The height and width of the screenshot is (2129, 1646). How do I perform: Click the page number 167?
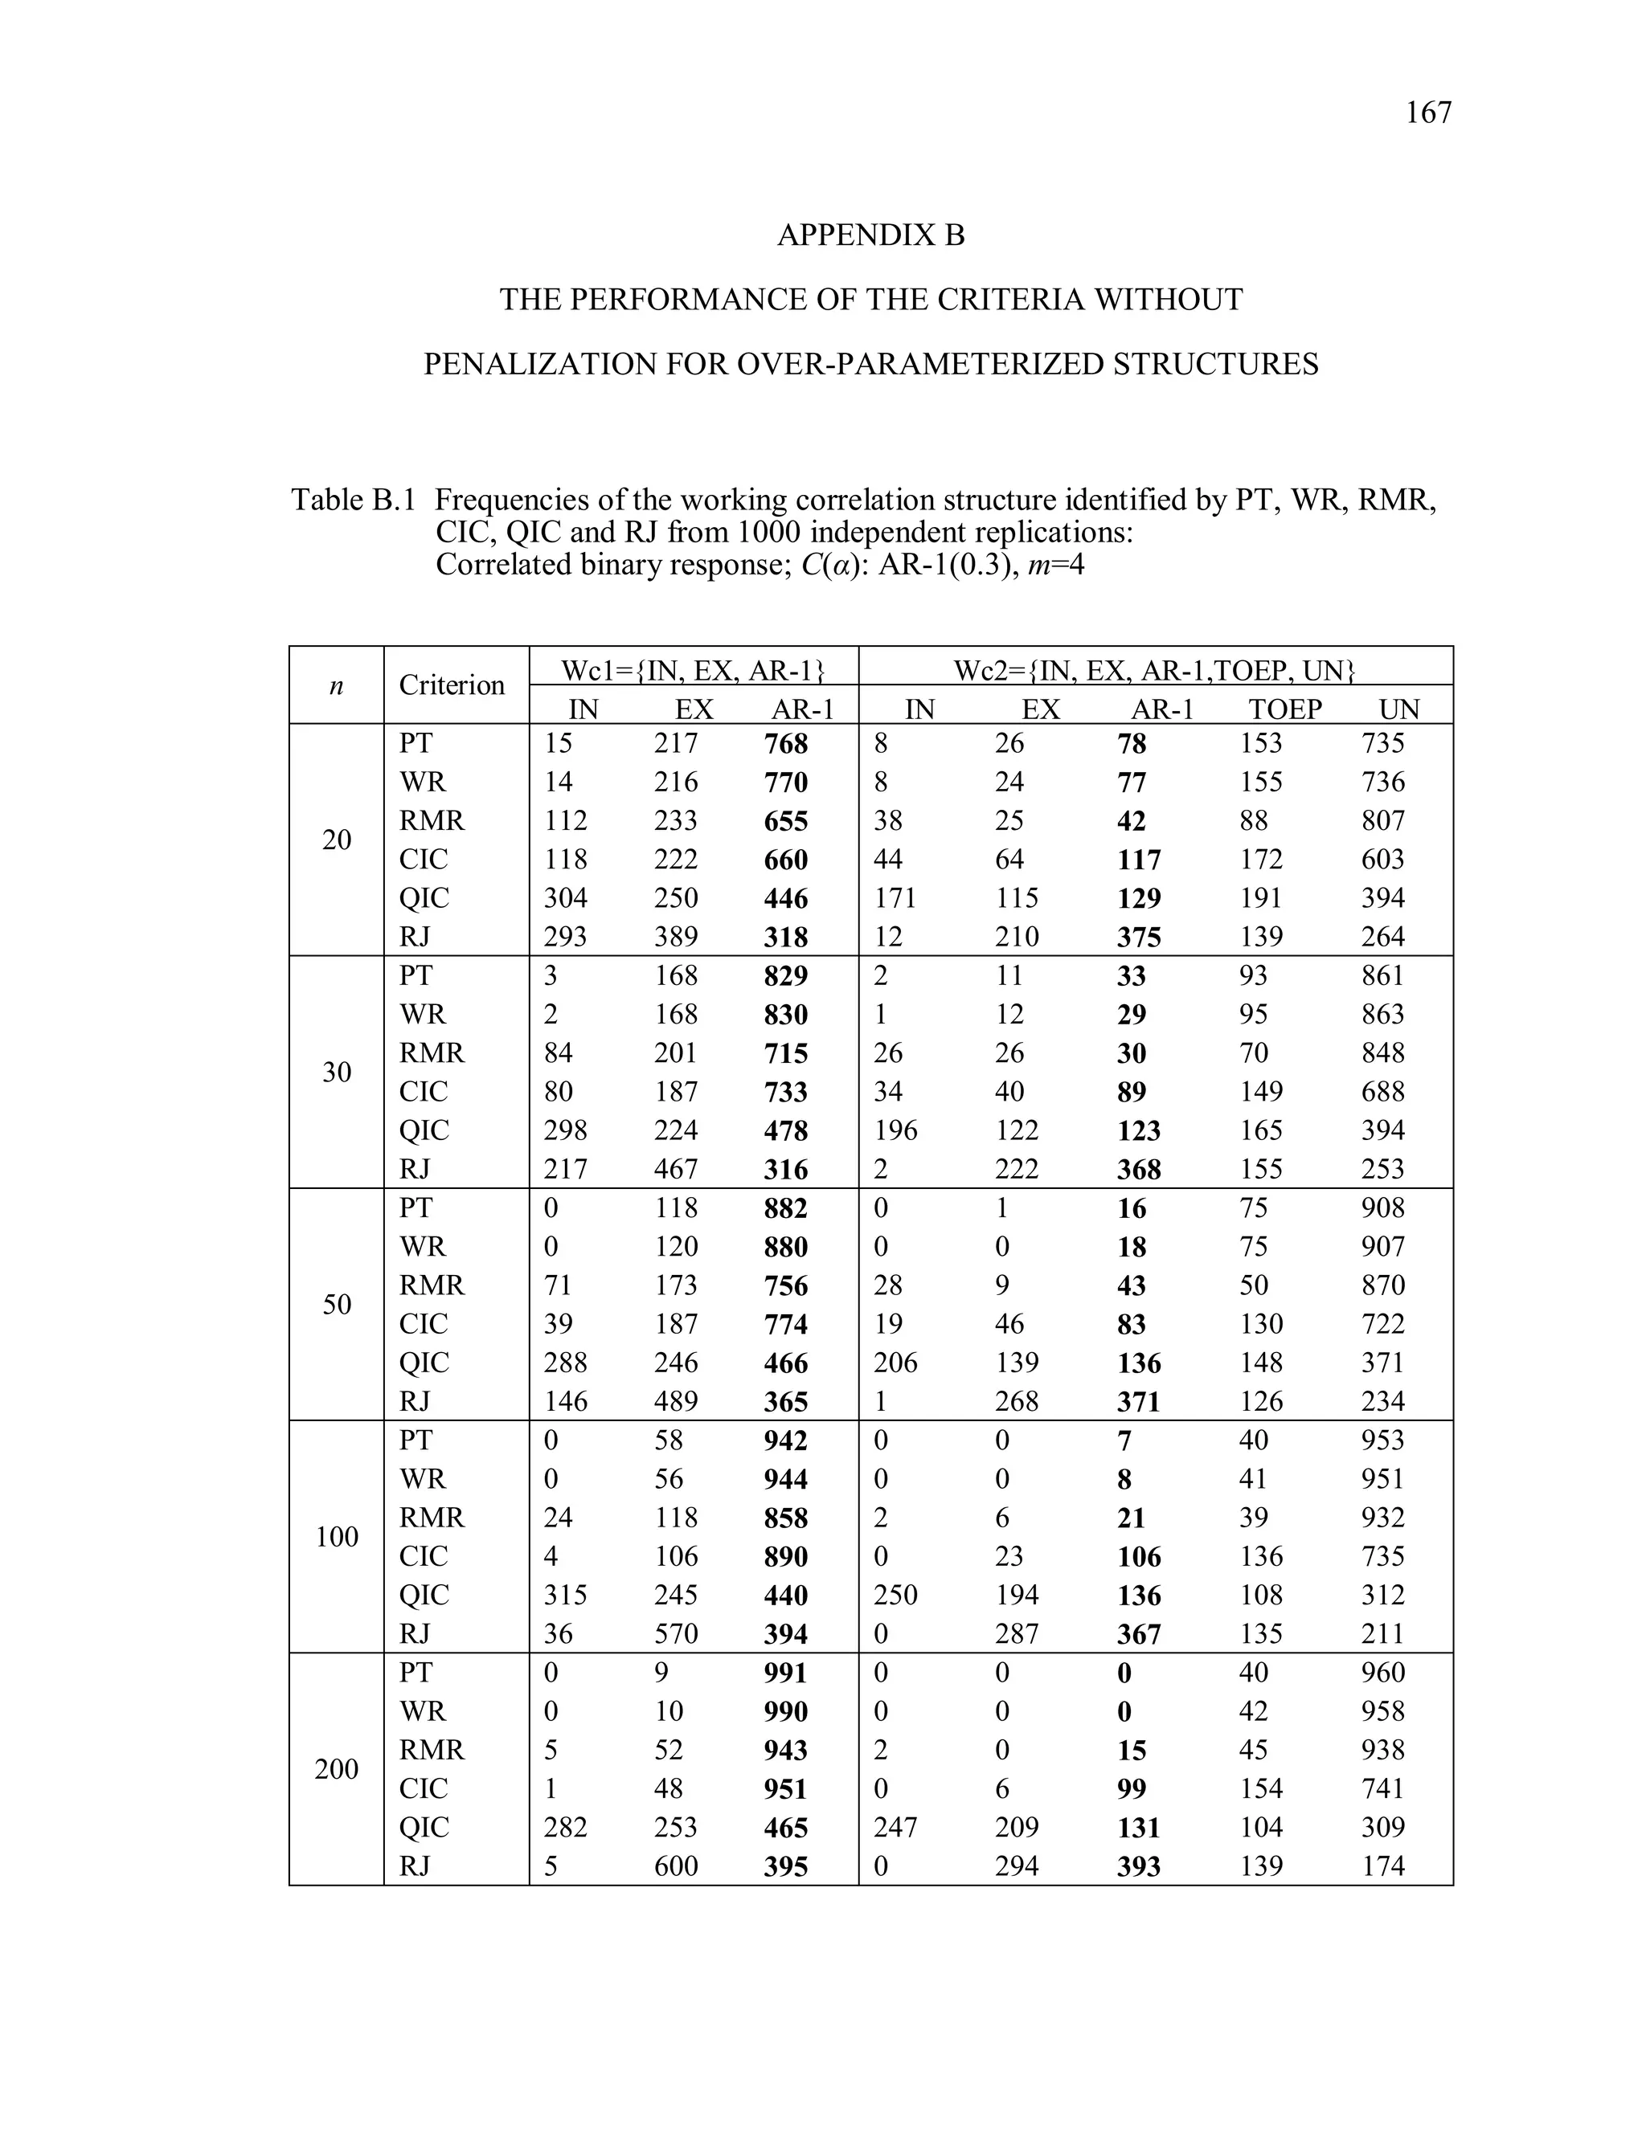tap(1427, 113)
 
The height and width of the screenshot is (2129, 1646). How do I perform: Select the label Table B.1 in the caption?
tap(353, 500)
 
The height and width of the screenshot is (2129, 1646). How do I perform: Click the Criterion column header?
tap(452, 684)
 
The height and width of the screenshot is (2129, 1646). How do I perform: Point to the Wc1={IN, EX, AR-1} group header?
tap(694, 670)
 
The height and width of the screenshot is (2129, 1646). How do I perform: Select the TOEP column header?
tap(1284, 709)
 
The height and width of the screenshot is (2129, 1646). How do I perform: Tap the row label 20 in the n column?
tap(337, 840)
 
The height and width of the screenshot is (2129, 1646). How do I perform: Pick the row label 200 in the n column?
tap(337, 1769)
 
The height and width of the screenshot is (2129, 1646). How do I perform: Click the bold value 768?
tap(786, 744)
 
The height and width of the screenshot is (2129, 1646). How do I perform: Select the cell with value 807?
tap(1382, 821)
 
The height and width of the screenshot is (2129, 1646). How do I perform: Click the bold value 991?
tap(786, 1673)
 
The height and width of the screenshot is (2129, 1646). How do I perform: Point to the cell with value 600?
tap(676, 1865)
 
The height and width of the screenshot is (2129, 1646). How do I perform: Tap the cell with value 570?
tap(676, 1634)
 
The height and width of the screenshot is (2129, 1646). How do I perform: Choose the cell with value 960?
tap(1382, 1673)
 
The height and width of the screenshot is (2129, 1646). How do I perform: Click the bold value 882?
tap(786, 1209)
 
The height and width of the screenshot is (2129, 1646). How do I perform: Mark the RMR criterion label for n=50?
tap(432, 1285)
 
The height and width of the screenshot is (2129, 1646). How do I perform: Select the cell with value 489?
tap(676, 1402)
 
